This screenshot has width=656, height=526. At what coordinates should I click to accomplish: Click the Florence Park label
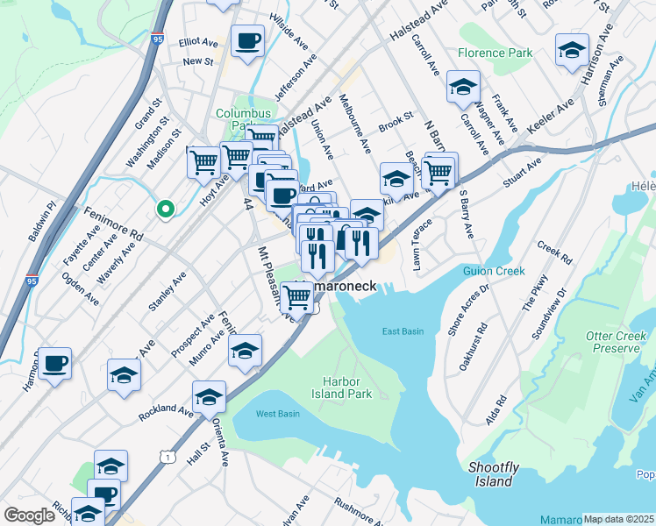click(495, 53)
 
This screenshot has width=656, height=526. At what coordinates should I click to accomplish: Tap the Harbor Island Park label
click(347, 387)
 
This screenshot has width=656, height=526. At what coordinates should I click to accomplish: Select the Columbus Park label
click(245, 119)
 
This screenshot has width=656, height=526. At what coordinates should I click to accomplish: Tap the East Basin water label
click(403, 331)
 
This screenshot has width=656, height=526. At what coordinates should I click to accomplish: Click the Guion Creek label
click(494, 272)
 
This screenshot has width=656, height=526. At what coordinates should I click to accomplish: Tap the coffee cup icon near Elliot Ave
click(247, 40)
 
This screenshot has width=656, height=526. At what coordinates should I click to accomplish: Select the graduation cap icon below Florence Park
click(463, 86)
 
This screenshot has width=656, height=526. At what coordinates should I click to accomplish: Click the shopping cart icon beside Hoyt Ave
click(203, 161)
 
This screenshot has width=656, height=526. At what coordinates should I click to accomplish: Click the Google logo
click(29, 515)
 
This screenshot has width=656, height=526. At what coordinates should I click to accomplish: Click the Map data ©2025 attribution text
click(619, 519)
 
